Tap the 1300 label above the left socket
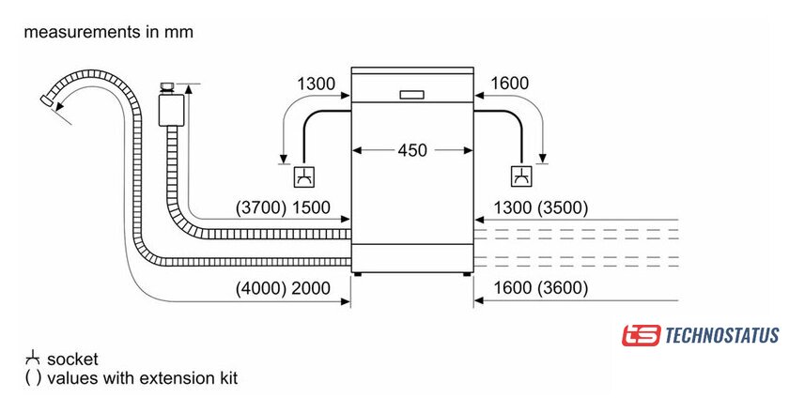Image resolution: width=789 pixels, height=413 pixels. point(316,84)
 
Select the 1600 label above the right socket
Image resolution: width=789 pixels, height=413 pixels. point(509,84)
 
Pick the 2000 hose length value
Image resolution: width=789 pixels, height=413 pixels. point(311,288)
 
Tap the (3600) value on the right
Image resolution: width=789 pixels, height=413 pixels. point(562,288)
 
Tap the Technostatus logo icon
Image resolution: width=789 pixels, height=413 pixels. point(639,335)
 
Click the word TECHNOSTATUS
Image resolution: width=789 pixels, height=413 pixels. point(721,335)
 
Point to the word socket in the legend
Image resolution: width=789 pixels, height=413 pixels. point(72,359)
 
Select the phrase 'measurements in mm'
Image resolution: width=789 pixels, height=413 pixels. point(108,32)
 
